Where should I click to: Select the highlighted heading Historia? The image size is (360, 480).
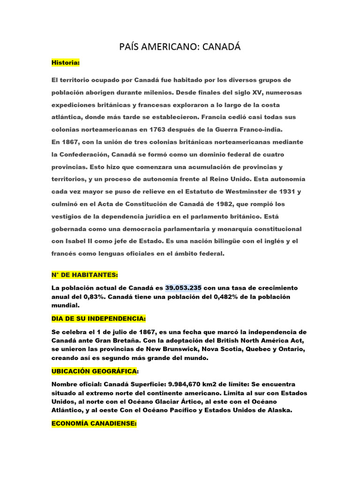click(x=66, y=62)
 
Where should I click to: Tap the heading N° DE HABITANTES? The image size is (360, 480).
click(x=85, y=274)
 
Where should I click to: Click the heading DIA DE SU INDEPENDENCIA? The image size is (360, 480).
click(x=99, y=319)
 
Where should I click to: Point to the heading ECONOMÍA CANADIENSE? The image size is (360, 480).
click(x=94, y=423)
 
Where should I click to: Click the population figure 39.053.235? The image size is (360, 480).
click(x=183, y=287)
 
